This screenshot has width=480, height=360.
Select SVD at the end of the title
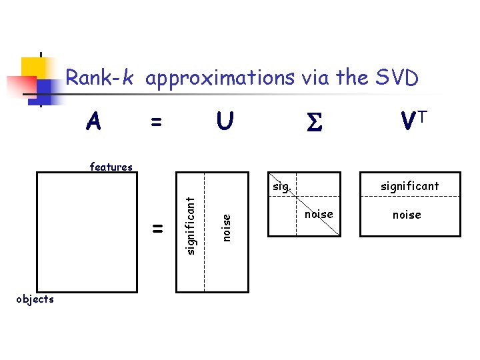[x=393, y=79]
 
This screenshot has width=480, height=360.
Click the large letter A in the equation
[x=95, y=122]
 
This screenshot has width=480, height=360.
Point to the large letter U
[x=225, y=122]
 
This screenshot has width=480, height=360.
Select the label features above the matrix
[x=111, y=167]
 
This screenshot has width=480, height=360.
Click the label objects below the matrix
[x=35, y=299]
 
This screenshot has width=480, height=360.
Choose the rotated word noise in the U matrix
[x=227, y=227]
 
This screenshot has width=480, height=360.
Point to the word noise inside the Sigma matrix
[x=318, y=214]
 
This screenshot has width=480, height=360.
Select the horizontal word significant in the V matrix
[x=409, y=186]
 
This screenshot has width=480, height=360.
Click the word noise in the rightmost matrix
[x=407, y=215]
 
